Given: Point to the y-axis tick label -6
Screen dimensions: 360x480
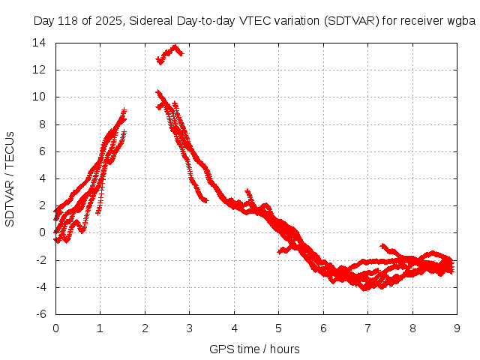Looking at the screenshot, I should click(41, 314).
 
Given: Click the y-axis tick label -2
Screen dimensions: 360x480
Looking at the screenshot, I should click(41, 260).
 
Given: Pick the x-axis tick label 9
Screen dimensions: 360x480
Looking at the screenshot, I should click(457, 328).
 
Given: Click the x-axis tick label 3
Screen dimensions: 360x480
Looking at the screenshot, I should click(189, 328).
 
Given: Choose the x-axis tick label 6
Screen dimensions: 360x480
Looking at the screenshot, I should click(323, 328).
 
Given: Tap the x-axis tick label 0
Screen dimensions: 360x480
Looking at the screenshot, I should click(55, 328).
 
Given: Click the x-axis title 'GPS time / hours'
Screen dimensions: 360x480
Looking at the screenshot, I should click(255, 349).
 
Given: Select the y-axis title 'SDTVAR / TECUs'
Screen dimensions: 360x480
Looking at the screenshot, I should click(10, 178).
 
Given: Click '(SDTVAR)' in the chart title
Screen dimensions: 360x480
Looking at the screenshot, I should click(352, 20).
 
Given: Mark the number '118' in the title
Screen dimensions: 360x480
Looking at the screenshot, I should click(67, 20).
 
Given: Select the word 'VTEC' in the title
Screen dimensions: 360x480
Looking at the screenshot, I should click(257, 20).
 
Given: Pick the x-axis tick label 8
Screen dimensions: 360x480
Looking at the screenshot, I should click(412, 328).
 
